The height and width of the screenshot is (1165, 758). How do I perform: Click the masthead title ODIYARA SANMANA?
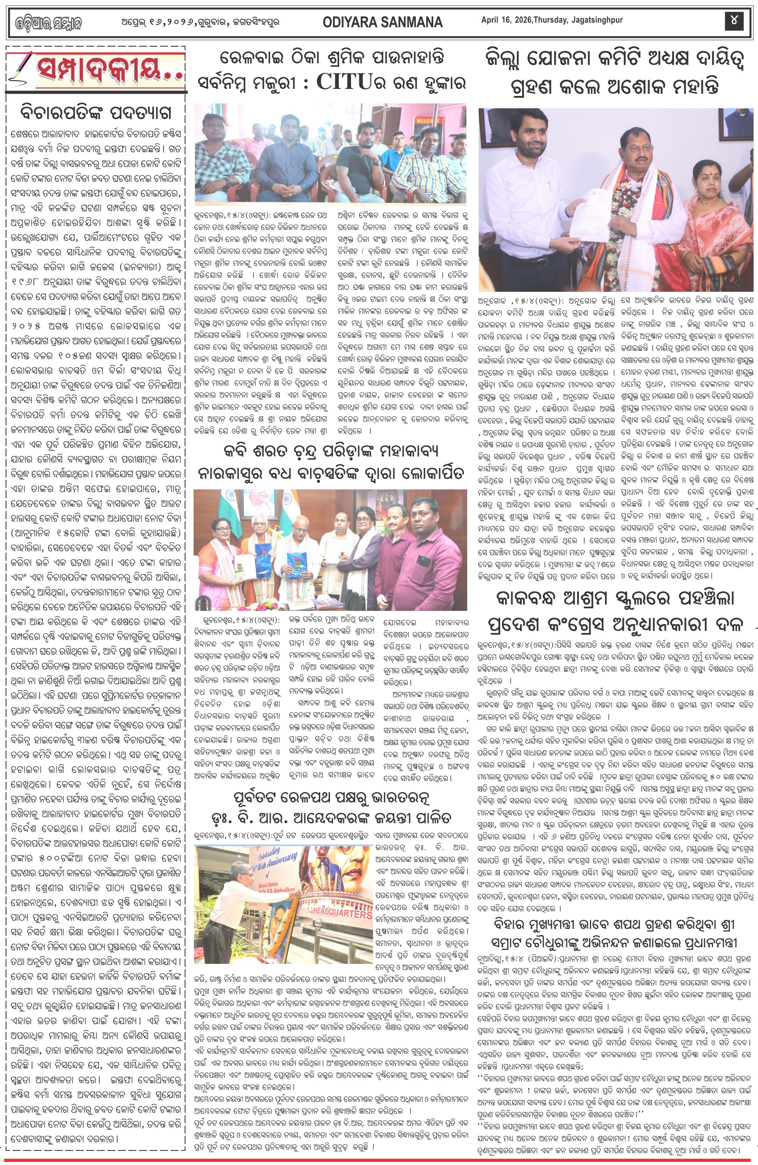(x=383, y=22)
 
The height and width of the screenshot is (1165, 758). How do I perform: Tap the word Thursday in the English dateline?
(x=550, y=20)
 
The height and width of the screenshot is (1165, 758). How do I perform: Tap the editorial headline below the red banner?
(x=96, y=112)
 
